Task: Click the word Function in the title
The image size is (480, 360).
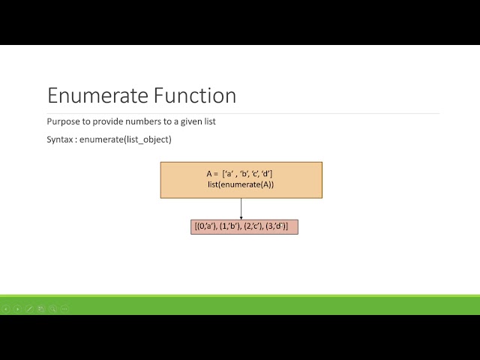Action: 196,96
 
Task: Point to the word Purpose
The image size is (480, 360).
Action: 63,121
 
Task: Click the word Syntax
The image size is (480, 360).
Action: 61,139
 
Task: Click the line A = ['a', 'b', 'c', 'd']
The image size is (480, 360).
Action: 240,174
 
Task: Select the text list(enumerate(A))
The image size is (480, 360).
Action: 241,184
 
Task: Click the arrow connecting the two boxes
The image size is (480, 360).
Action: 241,208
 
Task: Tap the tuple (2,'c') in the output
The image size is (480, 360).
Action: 253,226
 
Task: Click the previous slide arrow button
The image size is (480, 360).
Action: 6,308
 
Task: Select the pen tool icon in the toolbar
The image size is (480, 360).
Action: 29,308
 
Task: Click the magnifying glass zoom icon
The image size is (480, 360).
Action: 52,308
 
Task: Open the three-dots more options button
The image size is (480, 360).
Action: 64,308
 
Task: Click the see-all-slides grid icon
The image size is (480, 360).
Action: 41,308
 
